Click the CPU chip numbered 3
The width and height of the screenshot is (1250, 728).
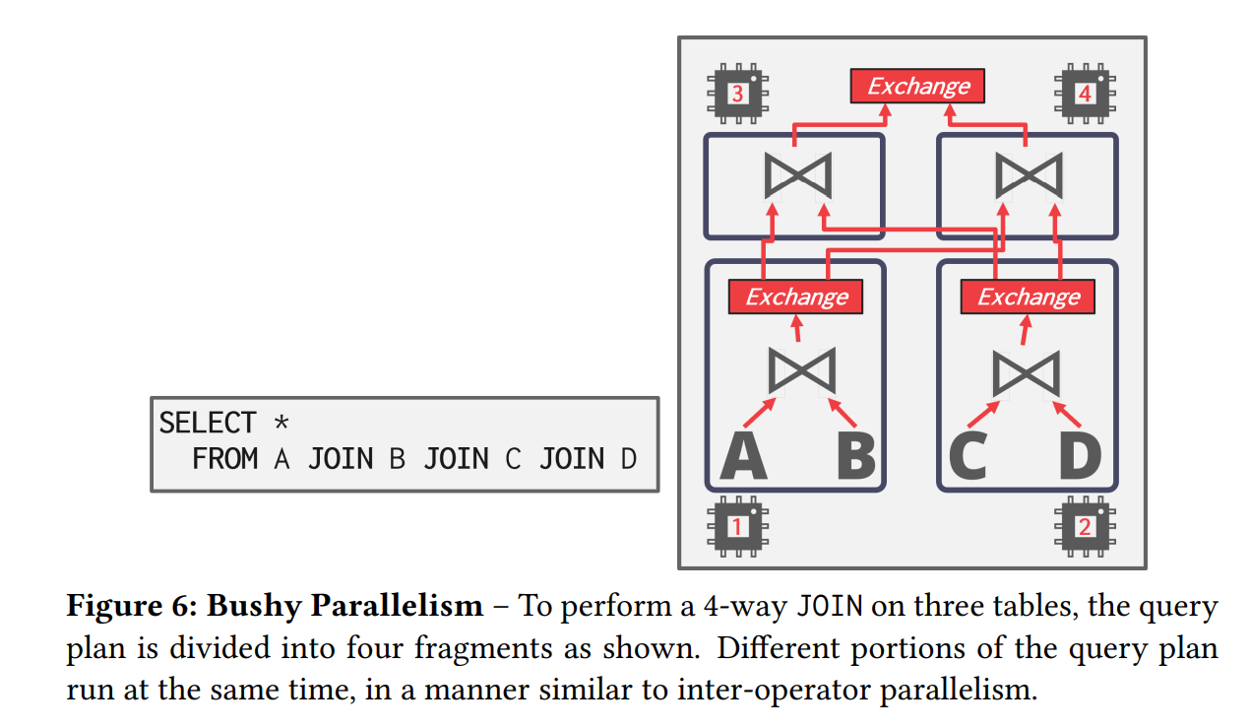coord(737,94)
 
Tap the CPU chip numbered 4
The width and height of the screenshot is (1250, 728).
coord(1084,94)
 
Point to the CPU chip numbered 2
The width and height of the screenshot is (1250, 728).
coord(1084,526)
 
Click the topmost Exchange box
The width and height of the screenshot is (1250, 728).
coord(917,87)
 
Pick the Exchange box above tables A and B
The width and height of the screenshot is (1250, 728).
coord(795,297)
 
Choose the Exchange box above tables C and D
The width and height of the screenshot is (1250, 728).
coord(1028,297)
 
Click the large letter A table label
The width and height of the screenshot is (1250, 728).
coord(744,456)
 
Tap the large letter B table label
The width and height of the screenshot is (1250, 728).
coord(855,456)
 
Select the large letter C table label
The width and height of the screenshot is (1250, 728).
coord(968,456)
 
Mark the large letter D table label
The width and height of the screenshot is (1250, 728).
coord(1080,456)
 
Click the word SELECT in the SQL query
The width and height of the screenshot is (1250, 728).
coord(208,424)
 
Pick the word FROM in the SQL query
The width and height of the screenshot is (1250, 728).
coord(225,459)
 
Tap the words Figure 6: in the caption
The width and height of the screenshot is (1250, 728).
coord(131,606)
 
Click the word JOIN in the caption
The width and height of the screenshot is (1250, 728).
coord(829,606)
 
